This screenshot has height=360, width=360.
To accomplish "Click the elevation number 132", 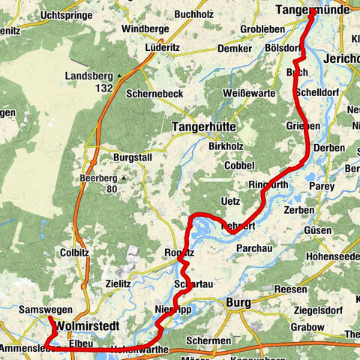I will [x=104, y=88].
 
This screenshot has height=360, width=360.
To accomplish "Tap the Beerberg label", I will [x=97, y=178].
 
